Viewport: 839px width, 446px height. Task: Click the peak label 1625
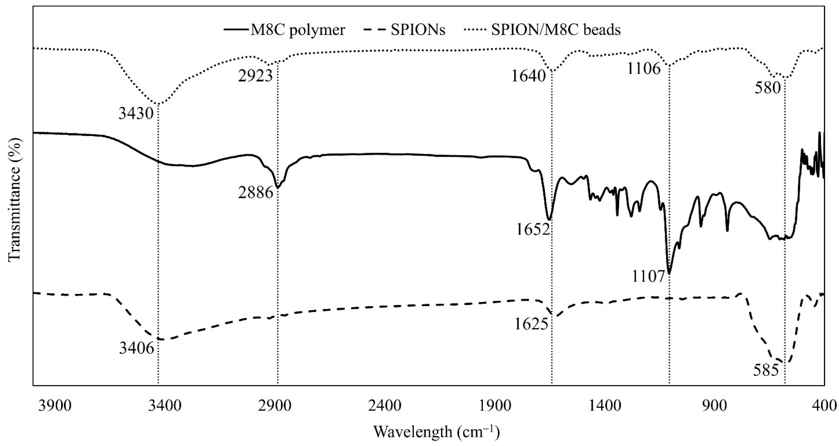(532, 325)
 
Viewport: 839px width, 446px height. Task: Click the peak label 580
(768, 88)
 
